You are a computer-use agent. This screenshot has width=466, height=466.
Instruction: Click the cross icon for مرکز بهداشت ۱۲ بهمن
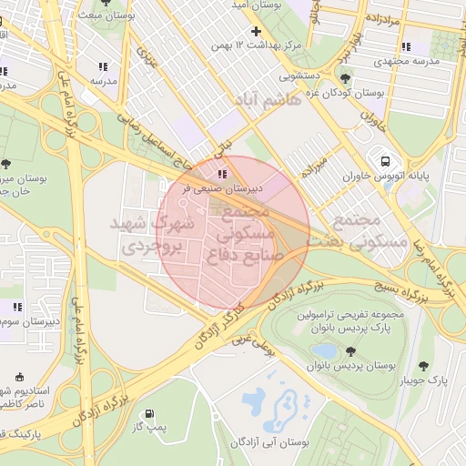[x=256, y=32]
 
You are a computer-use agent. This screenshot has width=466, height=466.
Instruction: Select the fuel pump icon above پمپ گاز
[x=147, y=412]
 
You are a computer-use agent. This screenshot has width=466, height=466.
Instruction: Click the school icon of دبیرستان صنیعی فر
[x=223, y=174]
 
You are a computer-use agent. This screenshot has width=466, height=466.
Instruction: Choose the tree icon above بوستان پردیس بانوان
[x=350, y=351]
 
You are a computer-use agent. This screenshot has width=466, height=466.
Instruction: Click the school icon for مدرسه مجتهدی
[x=405, y=46]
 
